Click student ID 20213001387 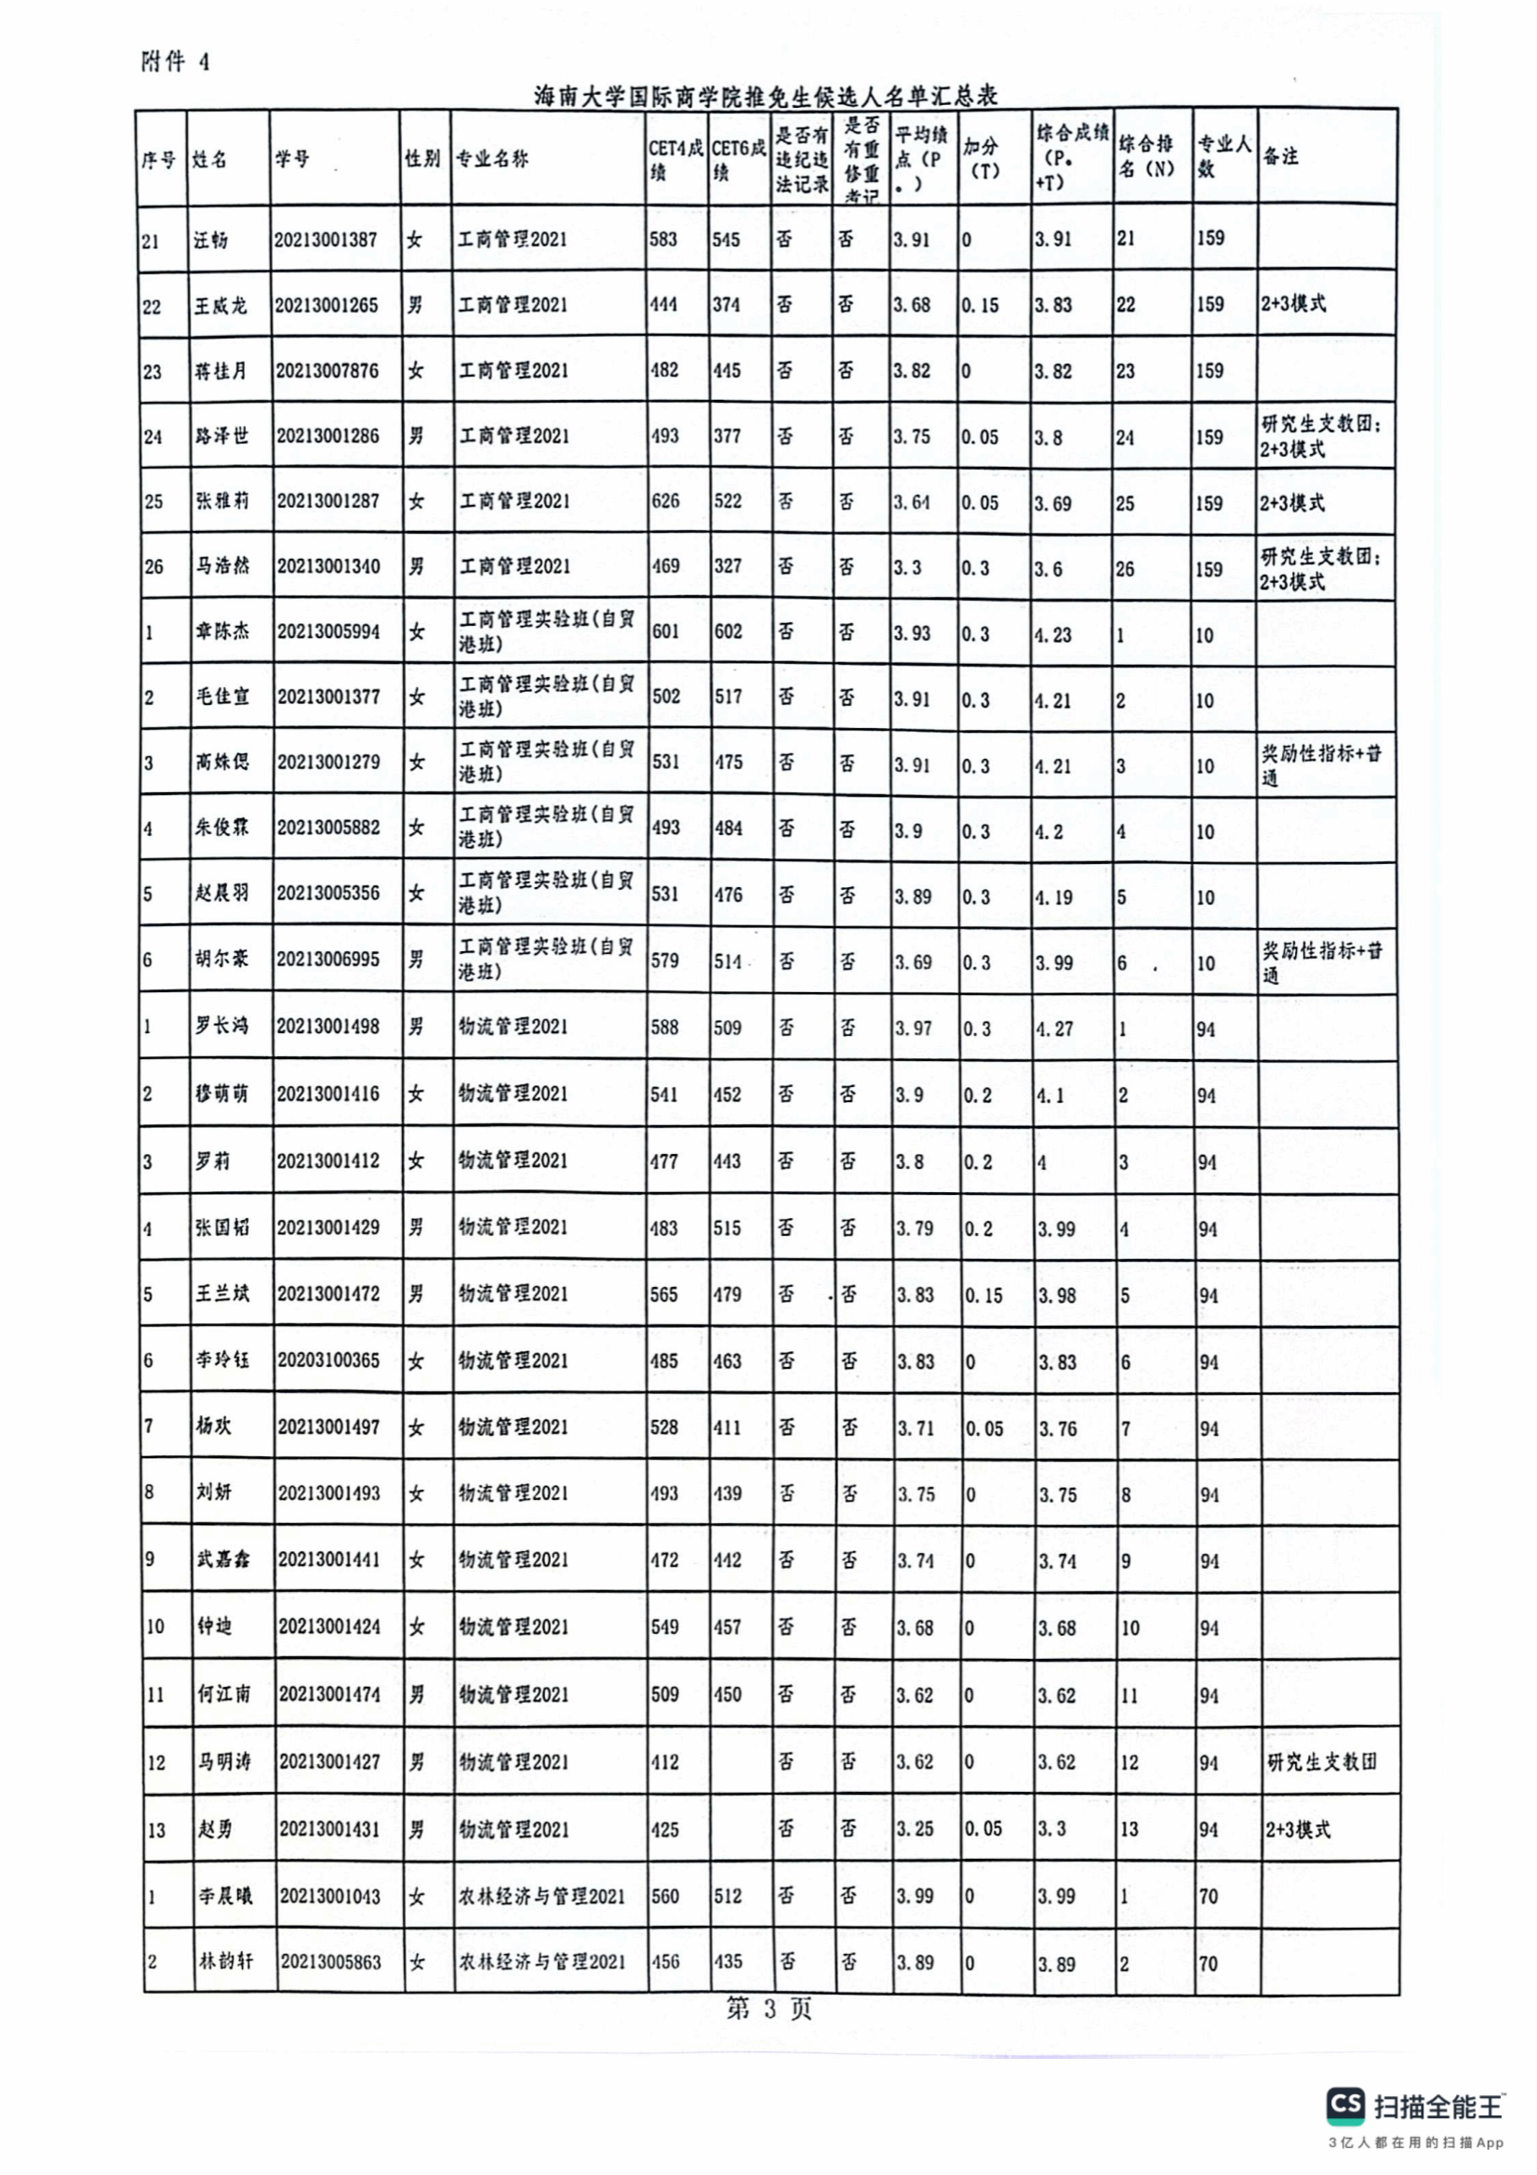[325, 240]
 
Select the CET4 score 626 [665, 501]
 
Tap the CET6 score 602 [728, 631]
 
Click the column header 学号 [293, 159]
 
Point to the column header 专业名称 [493, 159]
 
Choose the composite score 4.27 [1055, 1028]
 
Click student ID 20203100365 [327, 1360]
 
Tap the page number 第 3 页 [768, 2009]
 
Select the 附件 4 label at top [175, 62]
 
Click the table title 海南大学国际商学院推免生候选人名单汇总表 [766, 96]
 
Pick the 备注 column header [1281, 156]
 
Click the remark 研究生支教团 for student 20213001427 [1322, 1762]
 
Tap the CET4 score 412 [665, 1762]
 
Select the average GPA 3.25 [916, 1829]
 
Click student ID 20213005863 [329, 1962]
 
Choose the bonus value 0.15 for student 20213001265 [980, 305]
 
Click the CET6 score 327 [727, 566]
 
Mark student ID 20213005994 [327, 631]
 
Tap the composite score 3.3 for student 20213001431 [1052, 1829]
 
